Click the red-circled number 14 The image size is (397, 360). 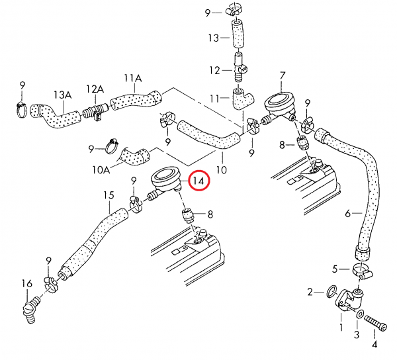coord(198,181)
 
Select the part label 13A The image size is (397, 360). coord(63,95)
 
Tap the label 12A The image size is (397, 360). coord(95,89)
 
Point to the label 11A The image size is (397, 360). coord(133,78)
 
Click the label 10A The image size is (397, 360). coord(101,169)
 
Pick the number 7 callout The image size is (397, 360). coord(283,75)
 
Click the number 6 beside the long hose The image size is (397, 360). coord(348,214)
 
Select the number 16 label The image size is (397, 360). coord(27,283)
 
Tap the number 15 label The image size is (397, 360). coord(109,195)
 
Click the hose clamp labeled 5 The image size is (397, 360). coord(361,270)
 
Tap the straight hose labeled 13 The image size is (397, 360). coord(238,34)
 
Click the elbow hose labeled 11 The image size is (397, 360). coord(242,99)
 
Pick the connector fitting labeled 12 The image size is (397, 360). coord(240,67)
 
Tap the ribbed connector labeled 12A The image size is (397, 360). coord(96,111)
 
